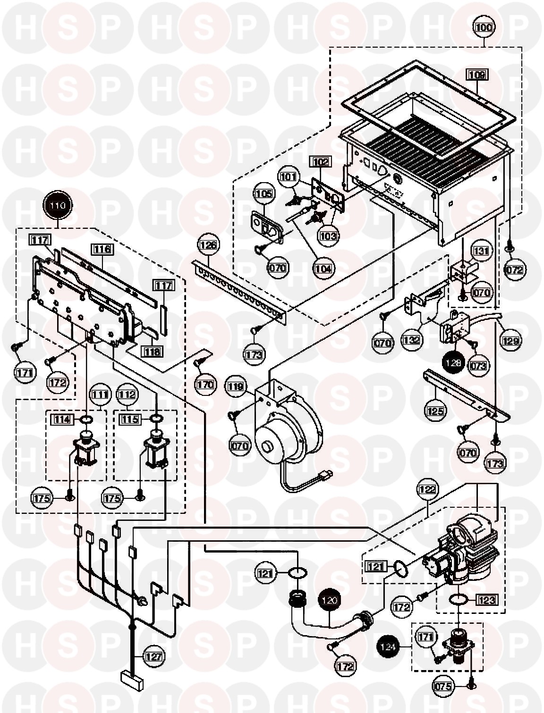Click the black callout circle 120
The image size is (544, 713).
coord(331,600)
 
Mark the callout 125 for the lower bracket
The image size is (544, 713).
coord(435,411)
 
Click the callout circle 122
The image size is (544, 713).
coord(427,489)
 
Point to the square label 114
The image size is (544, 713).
coord(62,419)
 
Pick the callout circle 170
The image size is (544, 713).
coord(205,385)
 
